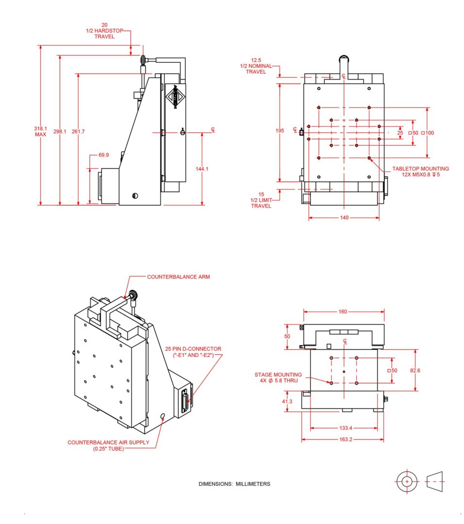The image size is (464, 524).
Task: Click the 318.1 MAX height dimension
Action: point(40,131)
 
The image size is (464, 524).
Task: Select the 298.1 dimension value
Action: point(60,131)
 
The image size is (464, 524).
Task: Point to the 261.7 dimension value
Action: point(78,131)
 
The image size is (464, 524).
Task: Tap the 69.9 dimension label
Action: point(104,155)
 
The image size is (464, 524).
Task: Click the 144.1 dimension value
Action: point(202,169)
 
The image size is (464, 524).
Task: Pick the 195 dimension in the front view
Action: point(280,131)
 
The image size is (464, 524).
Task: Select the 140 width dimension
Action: point(343,218)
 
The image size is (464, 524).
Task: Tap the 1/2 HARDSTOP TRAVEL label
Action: point(105,31)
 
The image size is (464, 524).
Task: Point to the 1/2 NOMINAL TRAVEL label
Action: point(256,66)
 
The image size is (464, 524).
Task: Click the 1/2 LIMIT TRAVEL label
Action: point(261,200)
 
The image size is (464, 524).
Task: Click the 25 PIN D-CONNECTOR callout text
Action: point(193,352)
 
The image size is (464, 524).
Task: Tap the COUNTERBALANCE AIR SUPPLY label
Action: point(108,445)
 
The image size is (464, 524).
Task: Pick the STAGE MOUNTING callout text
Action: point(278,377)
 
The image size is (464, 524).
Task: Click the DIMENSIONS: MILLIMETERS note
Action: point(234,484)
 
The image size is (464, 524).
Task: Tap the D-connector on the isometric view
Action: point(186,401)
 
